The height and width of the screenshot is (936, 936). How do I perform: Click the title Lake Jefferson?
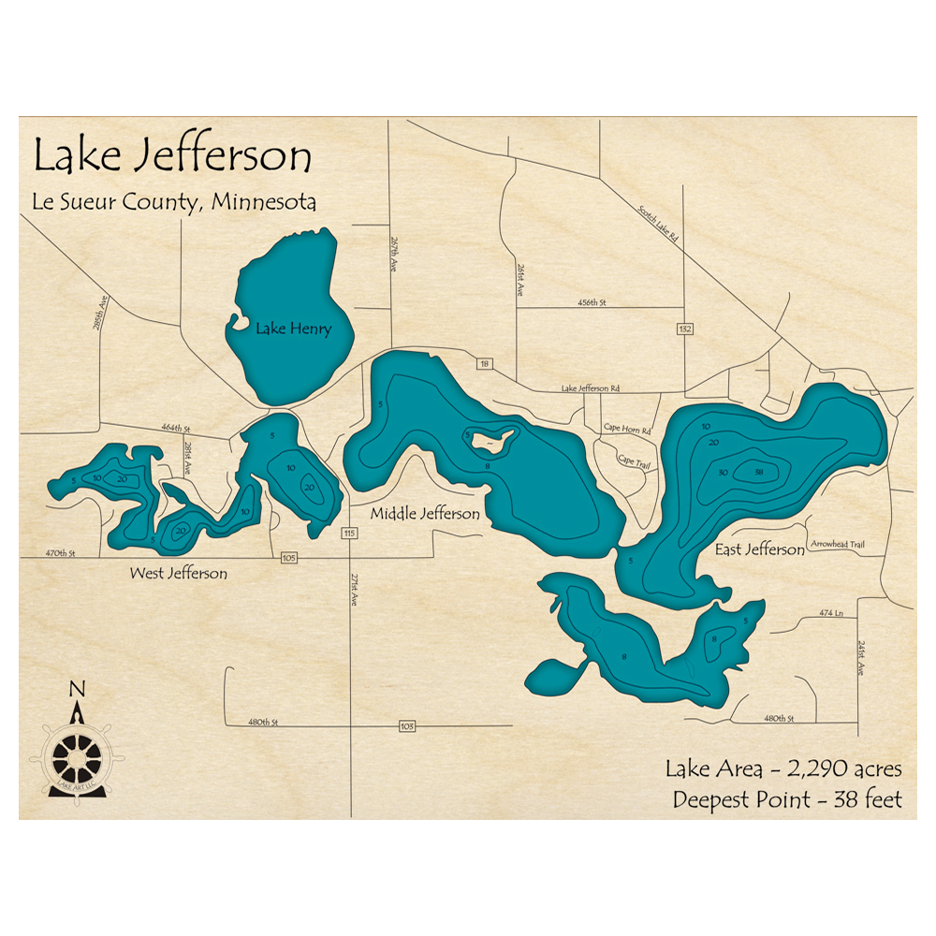pos(172,156)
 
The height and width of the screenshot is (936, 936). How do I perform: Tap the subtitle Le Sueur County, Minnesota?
pos(175,201)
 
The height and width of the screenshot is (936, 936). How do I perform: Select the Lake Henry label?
pos(294,329)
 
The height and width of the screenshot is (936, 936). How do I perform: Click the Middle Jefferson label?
pos(425,514)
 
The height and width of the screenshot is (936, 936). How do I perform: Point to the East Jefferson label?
pos(759,550)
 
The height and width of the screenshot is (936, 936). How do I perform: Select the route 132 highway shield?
pos(686,329)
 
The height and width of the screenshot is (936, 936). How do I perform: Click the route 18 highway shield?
pos(484,363)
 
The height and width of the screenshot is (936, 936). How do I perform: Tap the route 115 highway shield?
pos(349,534)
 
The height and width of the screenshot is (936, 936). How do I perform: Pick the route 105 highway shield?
pos(288,558)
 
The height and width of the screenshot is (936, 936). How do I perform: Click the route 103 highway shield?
pos(406,725)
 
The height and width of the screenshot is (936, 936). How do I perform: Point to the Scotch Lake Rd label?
pos(658,225)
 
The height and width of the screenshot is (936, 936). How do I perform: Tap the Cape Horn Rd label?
pos(627,429)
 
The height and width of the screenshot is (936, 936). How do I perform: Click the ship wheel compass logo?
pos(76,755)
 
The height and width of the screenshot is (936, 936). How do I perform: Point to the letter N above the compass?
pos(77,690)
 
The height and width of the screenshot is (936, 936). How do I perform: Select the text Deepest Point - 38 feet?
pos(786,799)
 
